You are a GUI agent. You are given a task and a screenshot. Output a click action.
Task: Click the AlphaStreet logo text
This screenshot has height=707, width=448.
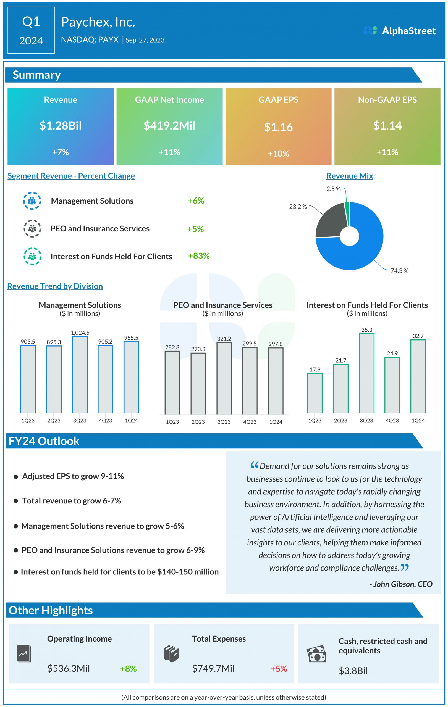[408, 31]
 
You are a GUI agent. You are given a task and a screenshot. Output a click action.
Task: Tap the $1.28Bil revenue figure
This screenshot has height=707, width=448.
[61, 126]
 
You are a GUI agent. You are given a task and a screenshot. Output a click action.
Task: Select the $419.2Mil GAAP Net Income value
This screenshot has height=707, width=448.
[169, 126]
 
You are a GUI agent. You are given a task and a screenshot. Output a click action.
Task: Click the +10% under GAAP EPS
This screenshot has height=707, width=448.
[278, 154]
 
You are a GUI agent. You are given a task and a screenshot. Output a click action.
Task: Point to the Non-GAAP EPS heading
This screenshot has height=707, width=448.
[387, 100]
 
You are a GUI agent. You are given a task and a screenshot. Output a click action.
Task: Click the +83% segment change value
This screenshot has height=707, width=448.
[199, 256]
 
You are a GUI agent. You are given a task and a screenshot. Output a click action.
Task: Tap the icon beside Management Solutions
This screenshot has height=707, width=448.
[32, 201]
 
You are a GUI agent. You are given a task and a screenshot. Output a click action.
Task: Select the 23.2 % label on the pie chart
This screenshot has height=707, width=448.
[298, 207]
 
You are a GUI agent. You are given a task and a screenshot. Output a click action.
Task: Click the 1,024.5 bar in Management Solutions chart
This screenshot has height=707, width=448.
[80, 374]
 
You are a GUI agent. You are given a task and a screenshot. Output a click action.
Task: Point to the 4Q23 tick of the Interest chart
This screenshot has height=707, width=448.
[392, 420]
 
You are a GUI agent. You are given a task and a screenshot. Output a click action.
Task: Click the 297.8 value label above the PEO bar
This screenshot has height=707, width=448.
[275, 344]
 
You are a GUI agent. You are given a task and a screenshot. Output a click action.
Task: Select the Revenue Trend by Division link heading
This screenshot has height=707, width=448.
[55, 286]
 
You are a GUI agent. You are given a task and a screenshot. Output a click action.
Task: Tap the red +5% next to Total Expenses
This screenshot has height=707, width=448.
[279, 669]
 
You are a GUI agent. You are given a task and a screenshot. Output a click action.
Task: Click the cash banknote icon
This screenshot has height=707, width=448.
[316, 654]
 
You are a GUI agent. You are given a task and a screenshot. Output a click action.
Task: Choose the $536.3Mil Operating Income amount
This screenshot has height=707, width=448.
[69, 669]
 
